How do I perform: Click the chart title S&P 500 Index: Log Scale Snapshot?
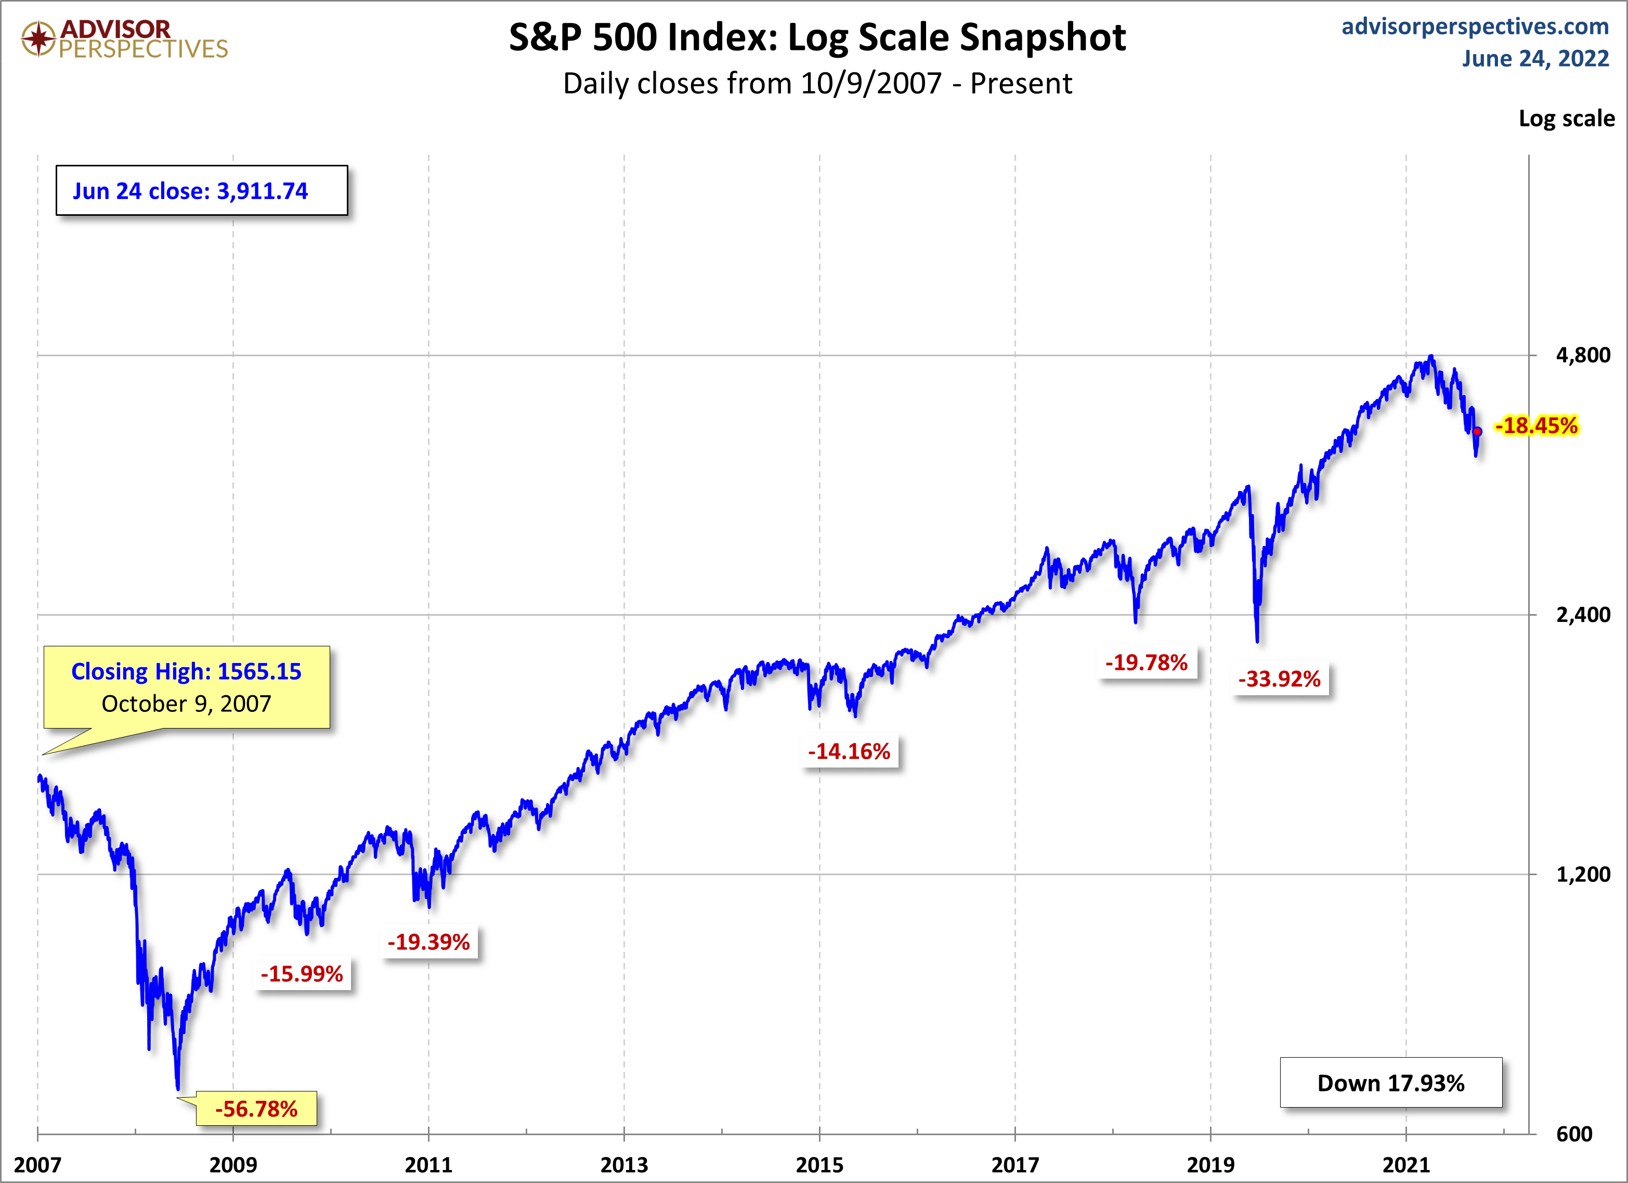click(x=817, y=37)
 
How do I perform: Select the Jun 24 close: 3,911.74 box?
click(x=201, y=191)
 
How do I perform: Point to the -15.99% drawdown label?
click(x=302, y=973)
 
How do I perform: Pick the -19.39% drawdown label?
click(x=428, y=942)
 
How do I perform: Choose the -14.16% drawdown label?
click(x=849, y=751)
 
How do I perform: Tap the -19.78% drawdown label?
click(x=1147, y=662)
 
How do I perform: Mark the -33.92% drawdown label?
click(x=1279, y=679)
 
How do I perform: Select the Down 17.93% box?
click(x=1390, y=1083)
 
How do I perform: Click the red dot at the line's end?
click(x=1477, y=432)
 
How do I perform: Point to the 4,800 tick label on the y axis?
click(x=1583, y=355)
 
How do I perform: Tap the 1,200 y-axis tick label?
click(x=1583, y=874)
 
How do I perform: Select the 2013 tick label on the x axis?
click(x=624, y=1164)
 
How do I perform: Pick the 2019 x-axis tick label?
click(x=1210, y=1164)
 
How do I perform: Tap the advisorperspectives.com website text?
click(x=1475, y=27)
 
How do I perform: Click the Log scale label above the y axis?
click(x=1566, y=119)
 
